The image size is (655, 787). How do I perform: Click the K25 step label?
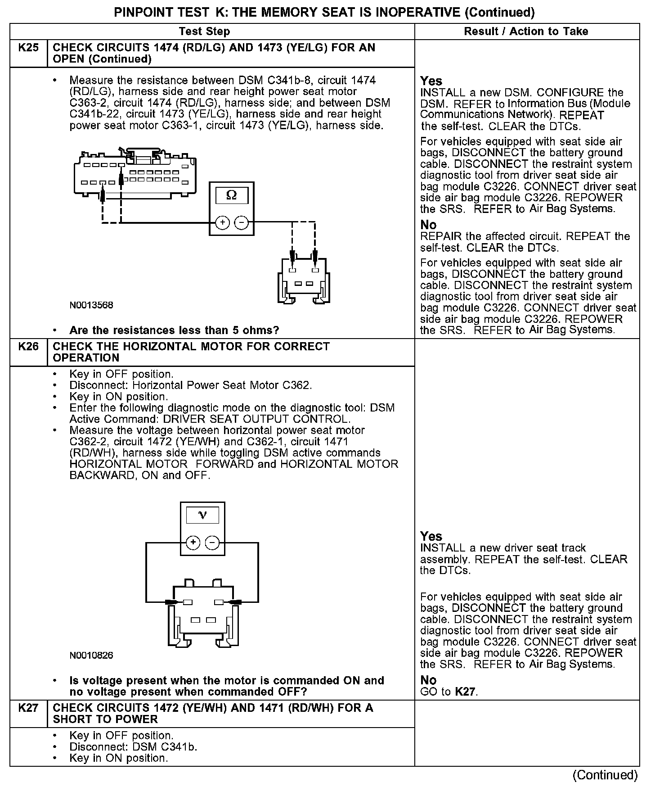pos(28,48)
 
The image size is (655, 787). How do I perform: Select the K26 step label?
pos(28,347)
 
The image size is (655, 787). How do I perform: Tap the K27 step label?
pos(28,708)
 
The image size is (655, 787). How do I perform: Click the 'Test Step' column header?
pos(204,32)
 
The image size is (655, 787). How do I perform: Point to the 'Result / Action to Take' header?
pos(526,32)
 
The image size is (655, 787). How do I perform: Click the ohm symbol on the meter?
pos(231,195)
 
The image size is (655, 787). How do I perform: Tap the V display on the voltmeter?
pos(202,515)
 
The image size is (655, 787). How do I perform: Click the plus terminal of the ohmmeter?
pos(222,222)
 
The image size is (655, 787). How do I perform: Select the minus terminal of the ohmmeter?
pos(242,222)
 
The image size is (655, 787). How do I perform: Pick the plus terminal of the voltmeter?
pos(193,543)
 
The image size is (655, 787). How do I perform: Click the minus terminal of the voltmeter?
pos(212,543)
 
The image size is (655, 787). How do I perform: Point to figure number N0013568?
pos(91,305)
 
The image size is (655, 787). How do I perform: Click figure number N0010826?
pos(91,656)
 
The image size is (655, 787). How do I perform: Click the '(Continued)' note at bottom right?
pos(605,775)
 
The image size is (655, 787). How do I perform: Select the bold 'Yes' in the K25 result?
pos(431,81)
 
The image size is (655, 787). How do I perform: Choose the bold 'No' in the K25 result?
pos(428,225)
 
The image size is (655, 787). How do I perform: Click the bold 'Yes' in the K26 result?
pos(431,536)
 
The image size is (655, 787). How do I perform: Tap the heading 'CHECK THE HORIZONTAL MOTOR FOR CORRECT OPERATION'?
pos(191,352)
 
